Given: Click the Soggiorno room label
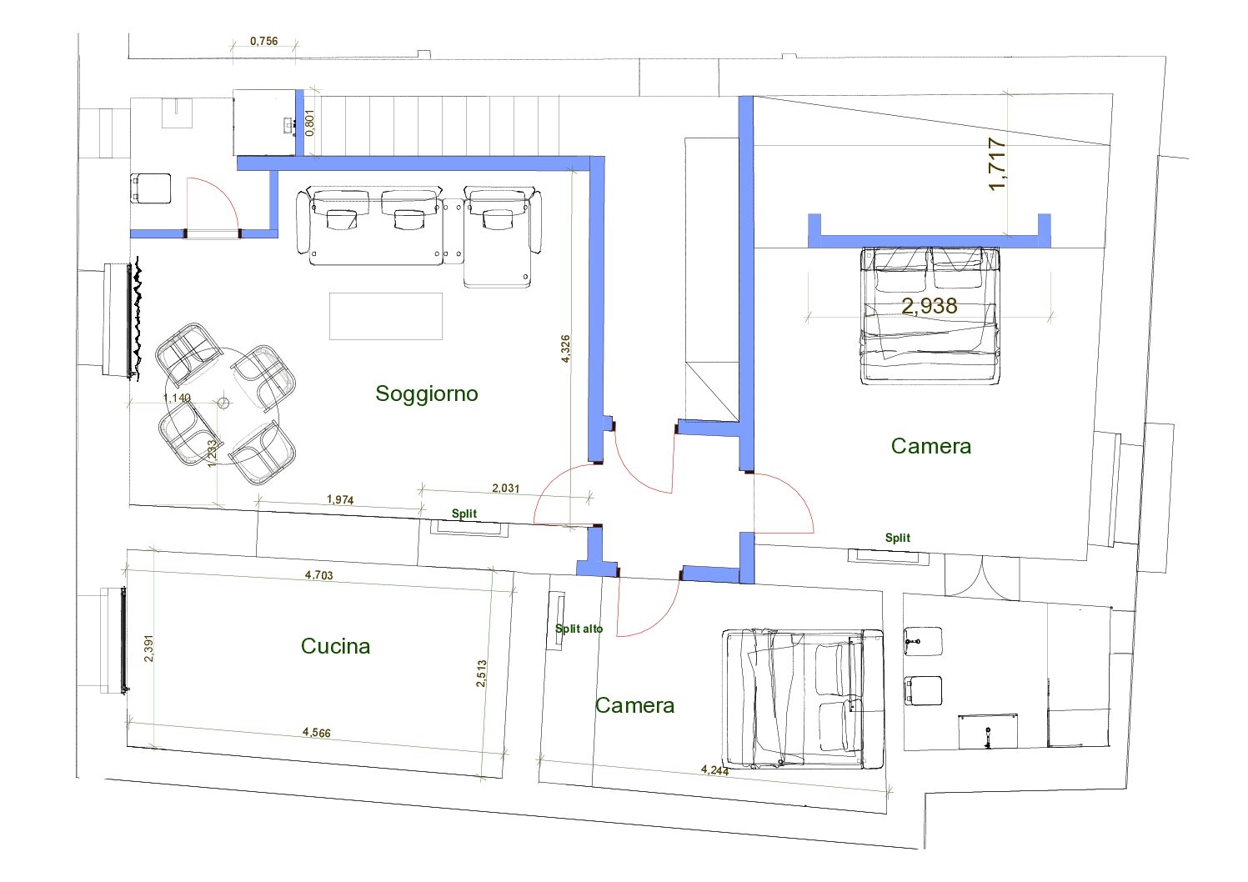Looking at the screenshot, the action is [427, 393].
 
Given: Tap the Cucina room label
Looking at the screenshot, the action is [335, 646].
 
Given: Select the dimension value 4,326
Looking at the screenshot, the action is [565, 348].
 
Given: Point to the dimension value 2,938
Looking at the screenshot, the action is [930, 305].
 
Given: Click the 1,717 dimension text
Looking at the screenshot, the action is [997, 164].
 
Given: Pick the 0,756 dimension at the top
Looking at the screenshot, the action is [264, 41].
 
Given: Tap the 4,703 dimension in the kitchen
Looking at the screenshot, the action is [318, 574].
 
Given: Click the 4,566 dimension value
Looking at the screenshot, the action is [317, 732].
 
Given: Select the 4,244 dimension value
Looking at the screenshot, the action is [714, 770].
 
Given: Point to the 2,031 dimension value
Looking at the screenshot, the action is [505, 488].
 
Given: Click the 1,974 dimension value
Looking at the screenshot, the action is [340, 500].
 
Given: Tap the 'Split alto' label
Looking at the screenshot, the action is [579, 629].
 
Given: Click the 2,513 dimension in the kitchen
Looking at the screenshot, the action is [481, 673].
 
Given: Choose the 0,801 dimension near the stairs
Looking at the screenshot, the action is [310, 122].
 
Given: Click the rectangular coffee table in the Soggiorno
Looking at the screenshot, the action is [385, 316].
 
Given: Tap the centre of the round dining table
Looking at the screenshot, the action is [223, 403].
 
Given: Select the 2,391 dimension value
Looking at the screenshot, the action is [148, 648].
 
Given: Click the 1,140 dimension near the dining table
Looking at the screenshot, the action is [177, 398].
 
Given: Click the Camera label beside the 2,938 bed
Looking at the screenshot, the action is [931, 446].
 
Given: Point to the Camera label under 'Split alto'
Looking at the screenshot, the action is [634, 705].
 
